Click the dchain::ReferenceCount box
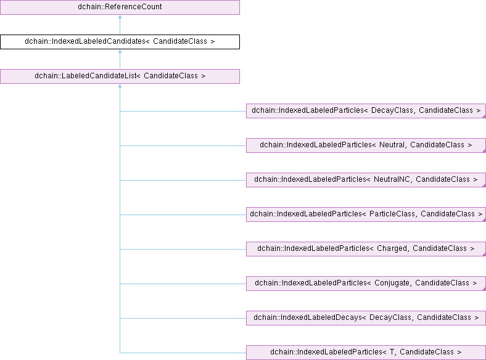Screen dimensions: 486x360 tap(120, 7)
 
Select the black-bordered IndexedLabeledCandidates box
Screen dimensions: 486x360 tap(120, 42)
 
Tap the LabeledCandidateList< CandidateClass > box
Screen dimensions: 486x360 tap(120, 76)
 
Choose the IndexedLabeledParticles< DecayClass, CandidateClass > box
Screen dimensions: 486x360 tap(366, 111)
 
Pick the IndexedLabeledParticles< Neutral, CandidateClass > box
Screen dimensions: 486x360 tap(366, 145)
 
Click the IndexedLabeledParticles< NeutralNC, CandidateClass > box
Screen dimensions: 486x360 tap(366, 180)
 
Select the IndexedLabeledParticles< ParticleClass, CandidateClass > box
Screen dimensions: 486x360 tap(366, 215)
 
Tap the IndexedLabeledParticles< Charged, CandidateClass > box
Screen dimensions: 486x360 tap(366, 249)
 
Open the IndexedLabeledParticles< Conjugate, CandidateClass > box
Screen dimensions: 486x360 tap(366, 284)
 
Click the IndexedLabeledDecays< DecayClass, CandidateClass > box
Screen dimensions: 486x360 tap(366, 318)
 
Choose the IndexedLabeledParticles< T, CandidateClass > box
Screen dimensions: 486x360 tap(366, 353)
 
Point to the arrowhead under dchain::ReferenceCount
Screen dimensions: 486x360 tap(120, 17)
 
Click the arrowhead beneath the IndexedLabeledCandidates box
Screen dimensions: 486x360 tap(120, 51)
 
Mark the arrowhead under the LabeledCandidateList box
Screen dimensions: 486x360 tap(120, 86)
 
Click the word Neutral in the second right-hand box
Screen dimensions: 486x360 tap(392, 145)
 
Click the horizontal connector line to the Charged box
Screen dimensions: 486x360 tap(183, 249)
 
